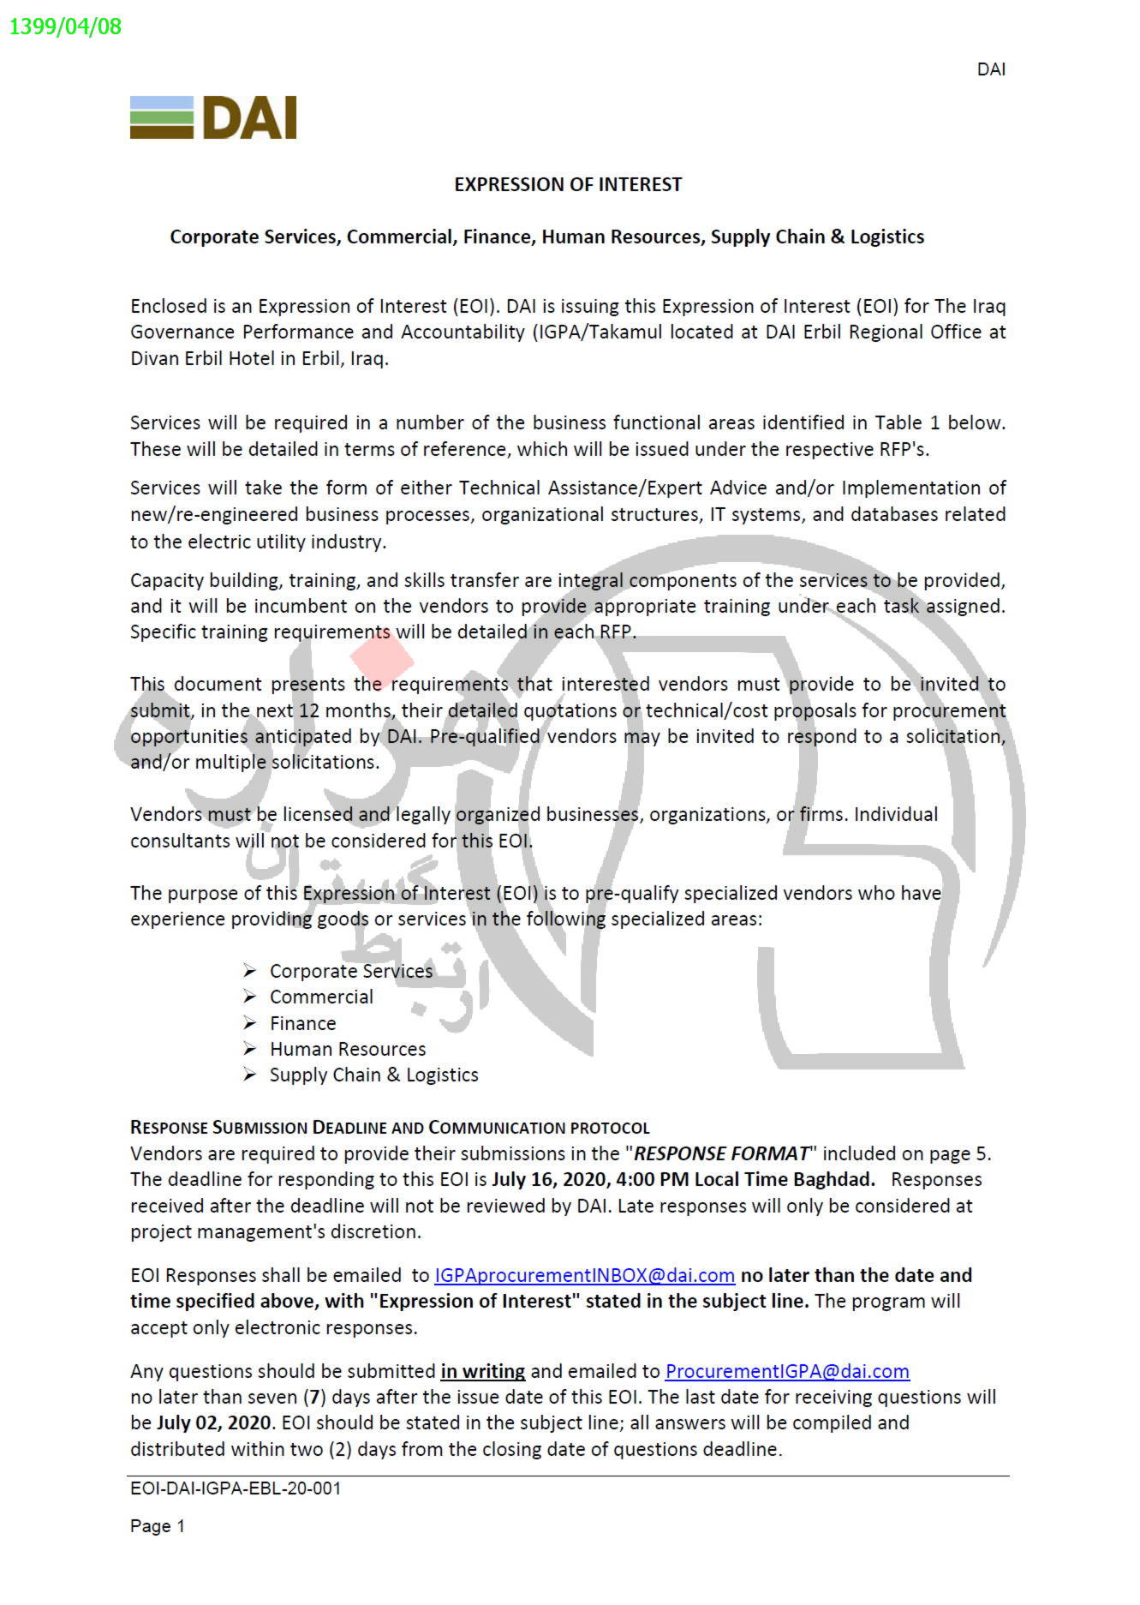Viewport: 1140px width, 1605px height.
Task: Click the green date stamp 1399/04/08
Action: tap(65, 27)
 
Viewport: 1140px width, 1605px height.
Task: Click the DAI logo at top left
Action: tap(213, 117)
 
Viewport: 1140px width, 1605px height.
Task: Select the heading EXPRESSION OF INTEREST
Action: tap(568, 184)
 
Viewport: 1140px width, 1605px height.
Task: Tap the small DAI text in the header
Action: tap(991, 69)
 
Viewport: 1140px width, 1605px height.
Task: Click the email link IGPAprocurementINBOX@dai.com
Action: tap(584, 1275)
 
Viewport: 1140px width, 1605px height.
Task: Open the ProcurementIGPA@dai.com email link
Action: tap(787, 1371)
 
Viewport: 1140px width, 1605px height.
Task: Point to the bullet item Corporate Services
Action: tap(351, 971)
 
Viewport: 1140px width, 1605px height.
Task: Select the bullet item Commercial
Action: tap(321, 997)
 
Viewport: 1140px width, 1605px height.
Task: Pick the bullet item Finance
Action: tap(302, 1023)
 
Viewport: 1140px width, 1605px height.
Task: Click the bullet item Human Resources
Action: tap(348, 1049)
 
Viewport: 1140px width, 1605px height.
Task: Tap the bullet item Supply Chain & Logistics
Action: tap(373, 1075)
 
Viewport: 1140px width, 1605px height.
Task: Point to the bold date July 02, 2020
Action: tap(214, 1422)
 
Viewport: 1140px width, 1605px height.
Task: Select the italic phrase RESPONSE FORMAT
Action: tap(721, 1153)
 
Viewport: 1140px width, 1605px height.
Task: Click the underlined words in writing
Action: tap(482, 1371)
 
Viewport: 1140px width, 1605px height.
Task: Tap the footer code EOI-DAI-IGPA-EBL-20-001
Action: tap(236, 1488)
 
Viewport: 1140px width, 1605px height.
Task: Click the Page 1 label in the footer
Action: tap(158, 1526)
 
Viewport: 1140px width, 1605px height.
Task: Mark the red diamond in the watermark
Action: tap(382, 659)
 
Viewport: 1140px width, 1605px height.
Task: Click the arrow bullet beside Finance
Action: tap(249, 1023)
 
